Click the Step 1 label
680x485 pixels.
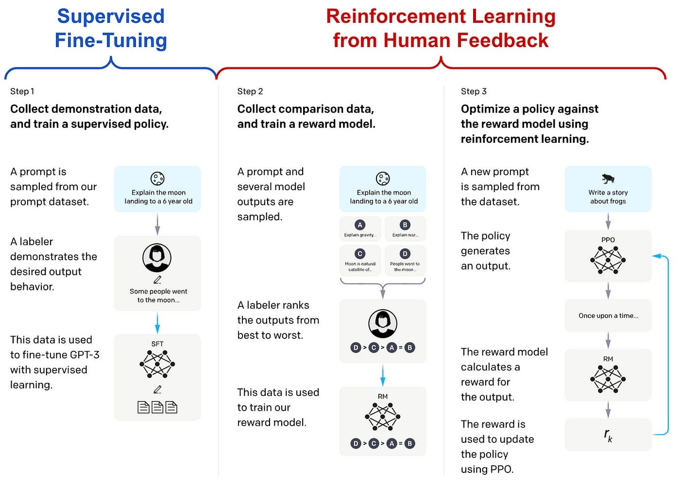coord(22,91)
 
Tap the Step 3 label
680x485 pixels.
coord(474,91)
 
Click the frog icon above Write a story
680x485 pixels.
coord(608,179)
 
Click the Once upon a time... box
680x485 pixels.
coord(608,316)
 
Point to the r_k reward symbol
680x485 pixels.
coord(608,435)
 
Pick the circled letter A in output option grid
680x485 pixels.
coord(360,225)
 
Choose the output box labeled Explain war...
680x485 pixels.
coord(405,229)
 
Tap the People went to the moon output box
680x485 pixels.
coord(405,260)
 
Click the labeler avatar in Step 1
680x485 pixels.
coord(157,258)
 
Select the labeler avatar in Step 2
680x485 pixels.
coord(383,323)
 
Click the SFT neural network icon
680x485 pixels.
coord(157,364)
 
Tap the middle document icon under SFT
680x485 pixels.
coord(157,407)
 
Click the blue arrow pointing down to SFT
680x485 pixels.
coord(157,322)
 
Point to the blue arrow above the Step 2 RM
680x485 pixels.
coord(383,375)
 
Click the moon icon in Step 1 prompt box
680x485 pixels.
coord(157,179)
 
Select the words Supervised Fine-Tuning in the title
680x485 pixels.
coord(111,28)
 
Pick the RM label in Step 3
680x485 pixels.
coord(608,359)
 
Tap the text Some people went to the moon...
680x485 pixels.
coord(158,296)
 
